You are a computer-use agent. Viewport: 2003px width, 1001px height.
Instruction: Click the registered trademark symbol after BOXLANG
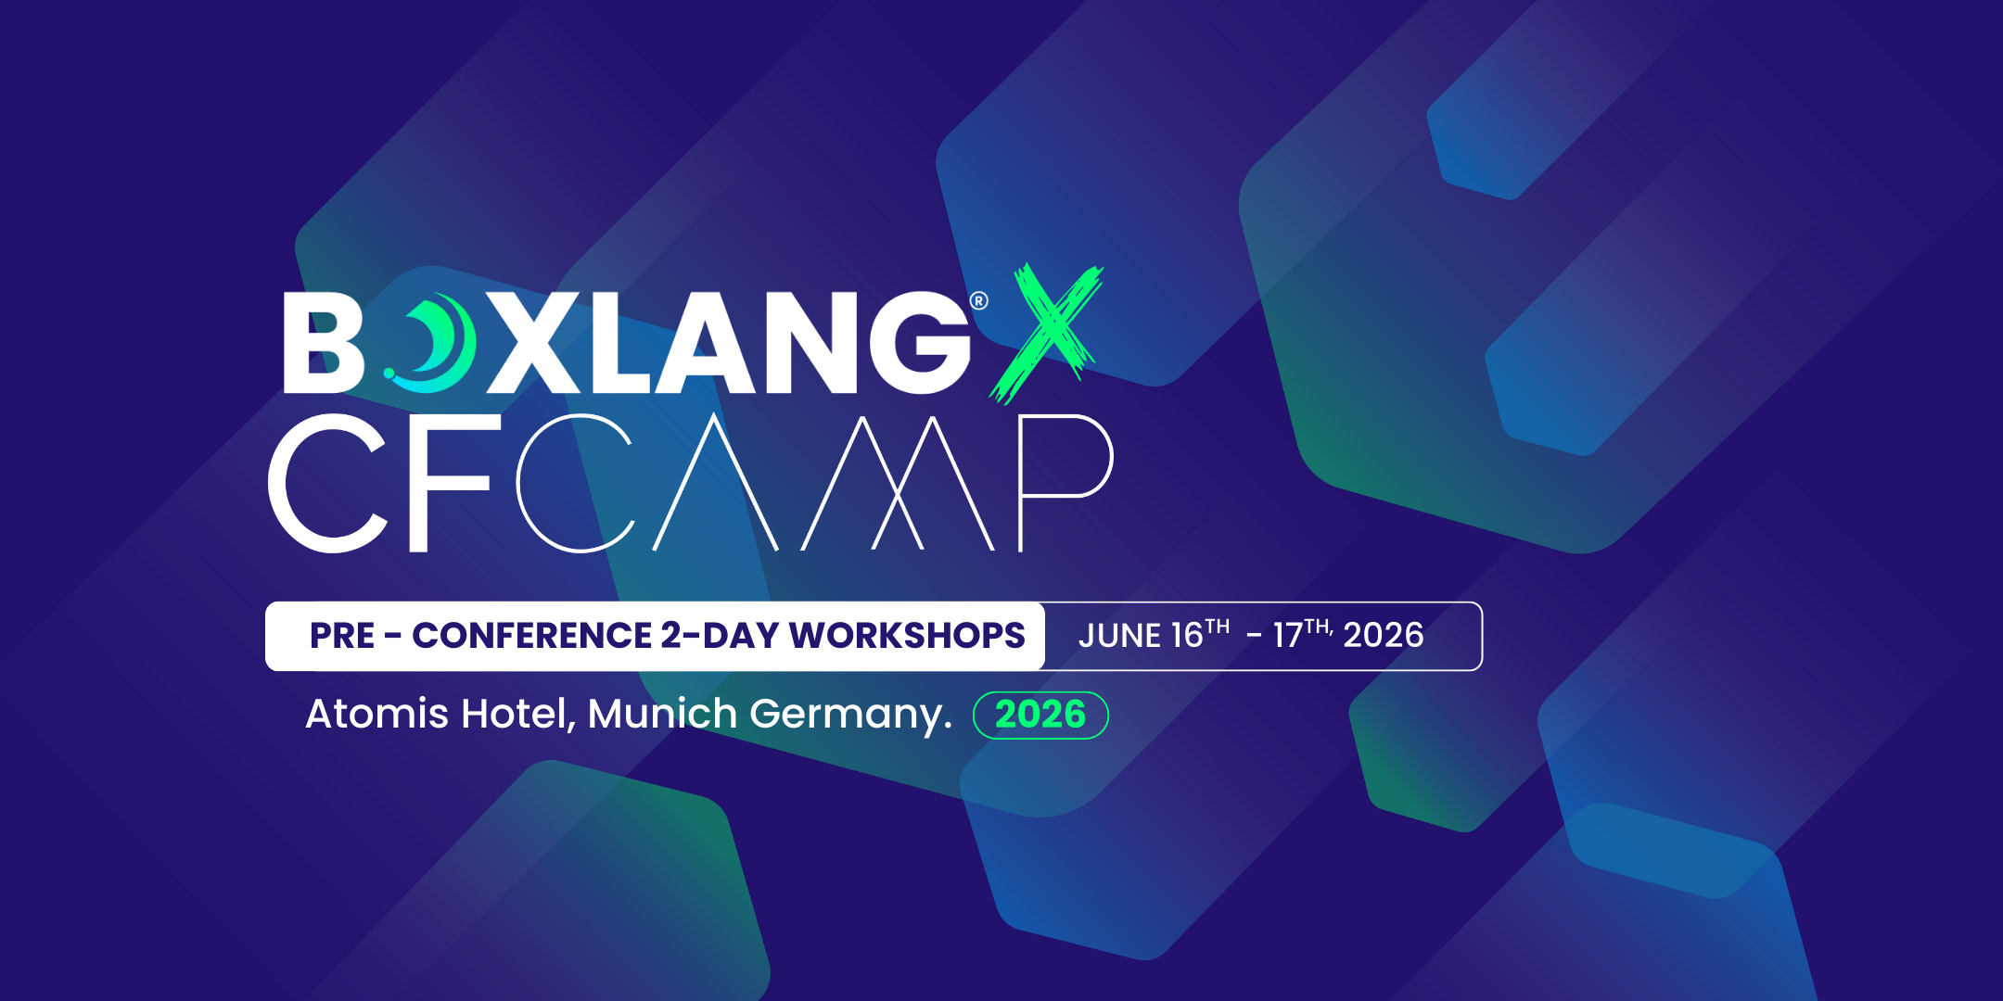point(978,300)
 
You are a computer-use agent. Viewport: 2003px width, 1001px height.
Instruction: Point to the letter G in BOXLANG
point(918,344)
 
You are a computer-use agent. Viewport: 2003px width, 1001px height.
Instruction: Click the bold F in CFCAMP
point(450,482)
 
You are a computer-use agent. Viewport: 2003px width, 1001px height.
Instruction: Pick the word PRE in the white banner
point(342,636)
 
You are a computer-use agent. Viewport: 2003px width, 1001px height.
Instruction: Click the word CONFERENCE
point(531,636)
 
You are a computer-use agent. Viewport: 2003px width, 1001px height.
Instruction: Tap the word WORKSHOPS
point(907,636)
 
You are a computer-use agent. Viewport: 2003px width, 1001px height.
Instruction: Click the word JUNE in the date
point(1119,636)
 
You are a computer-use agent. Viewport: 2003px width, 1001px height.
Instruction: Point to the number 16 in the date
point(1187,636)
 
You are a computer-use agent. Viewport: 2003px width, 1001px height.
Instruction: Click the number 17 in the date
point(1288,636)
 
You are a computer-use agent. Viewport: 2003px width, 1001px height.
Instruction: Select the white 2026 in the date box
point(1383,636)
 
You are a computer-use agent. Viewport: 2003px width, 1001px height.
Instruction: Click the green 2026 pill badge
point(1040,715)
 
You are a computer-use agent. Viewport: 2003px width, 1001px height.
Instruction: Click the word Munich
point(662,714)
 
